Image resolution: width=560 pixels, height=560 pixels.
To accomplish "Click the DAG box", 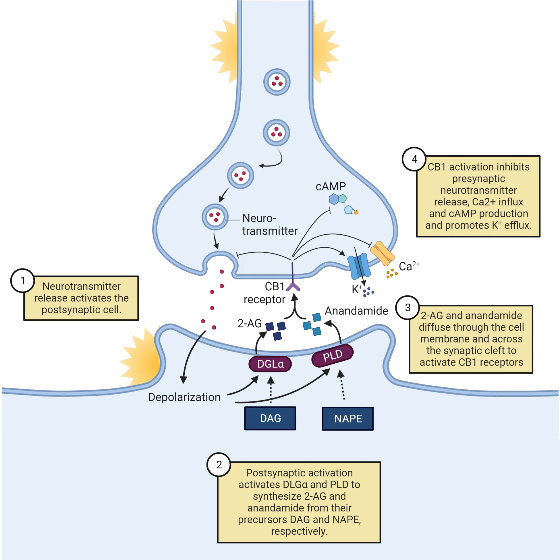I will pos(270,418).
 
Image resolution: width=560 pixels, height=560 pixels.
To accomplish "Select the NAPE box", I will pos(347,418).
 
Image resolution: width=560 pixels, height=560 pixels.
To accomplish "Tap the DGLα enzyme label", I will pos(270,364).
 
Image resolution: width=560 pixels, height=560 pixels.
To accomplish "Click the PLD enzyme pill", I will pos(333,356).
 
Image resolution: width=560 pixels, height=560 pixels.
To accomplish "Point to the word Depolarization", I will pos(184,397).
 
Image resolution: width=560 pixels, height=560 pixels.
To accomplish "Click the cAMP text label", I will pos(331,186).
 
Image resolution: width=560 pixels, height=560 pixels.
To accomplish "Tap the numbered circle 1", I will pos(23,281).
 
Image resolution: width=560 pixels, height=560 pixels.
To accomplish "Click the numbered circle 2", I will pos(219,465).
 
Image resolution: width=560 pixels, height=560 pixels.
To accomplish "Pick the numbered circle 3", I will pos(408,308).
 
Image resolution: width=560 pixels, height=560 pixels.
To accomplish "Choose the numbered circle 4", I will pos(414,159).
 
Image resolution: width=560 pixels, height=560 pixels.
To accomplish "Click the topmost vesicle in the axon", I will pos(277,82).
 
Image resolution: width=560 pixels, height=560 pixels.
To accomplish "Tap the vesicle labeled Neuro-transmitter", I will pos(215,217).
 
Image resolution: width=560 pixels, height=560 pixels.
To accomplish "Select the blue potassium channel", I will pos(359,266).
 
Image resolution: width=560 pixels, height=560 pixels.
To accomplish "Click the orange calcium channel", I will pos(383,253).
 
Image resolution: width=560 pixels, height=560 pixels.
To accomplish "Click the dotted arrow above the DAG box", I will pos(271,390).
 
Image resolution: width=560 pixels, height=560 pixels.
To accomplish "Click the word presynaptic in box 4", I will pos(478,179).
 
